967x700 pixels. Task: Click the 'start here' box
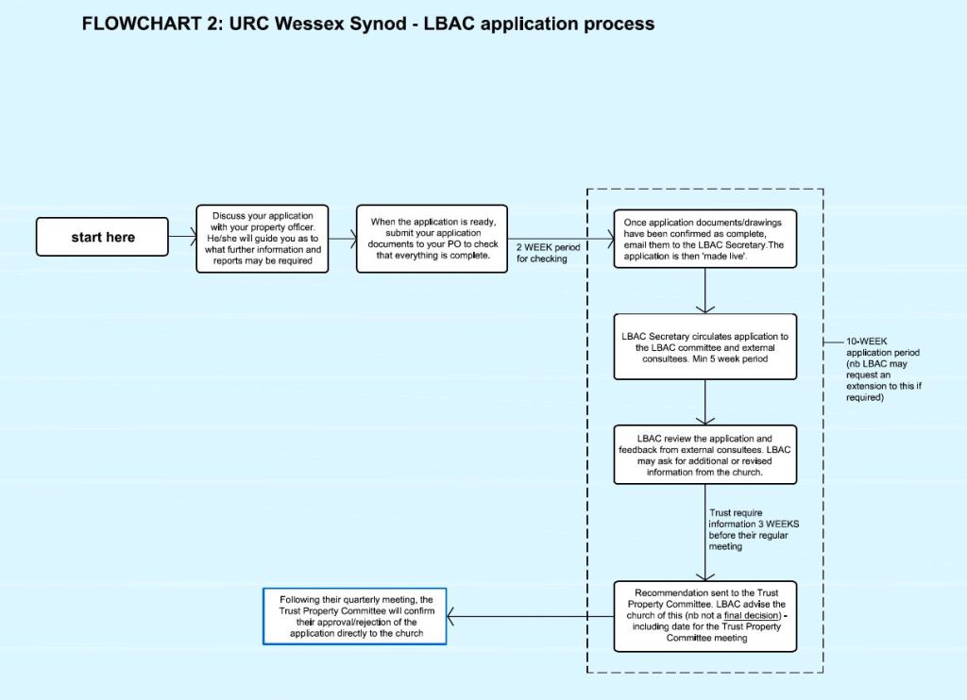pyautogui.click(x=102, y=237)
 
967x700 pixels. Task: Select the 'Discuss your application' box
pyautogui.click(x=263, y=239)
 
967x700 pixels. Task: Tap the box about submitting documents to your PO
pyautogui.click(x=432, y=239)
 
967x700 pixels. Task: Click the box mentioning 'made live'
pyautogui.click(x=704, y=239)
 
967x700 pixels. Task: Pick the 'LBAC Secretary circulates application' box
pyautogui.click(x=704, y=347)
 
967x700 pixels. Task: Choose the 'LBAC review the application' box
pyautogui.click(x=704, y=455)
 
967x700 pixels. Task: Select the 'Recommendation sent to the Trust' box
pyautogui.click(x=704, y=616)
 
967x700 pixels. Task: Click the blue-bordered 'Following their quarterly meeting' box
pyautogui.click(x=355, y=616)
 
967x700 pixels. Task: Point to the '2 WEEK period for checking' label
pyautogui.click(x=549, y=253)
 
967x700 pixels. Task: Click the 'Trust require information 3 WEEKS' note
pyautogui.click(x=754, y=529)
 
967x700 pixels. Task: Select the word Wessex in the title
pyautogui.click(x=310, y=24)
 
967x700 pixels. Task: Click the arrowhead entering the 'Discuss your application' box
pyautogui.click(x=193, y=237)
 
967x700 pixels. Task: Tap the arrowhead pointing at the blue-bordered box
pyautogui.click(x=450, y=616)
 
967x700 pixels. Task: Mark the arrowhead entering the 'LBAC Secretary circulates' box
pyautogui.click(x=704, y=309)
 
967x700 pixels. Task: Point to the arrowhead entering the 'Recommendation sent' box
pyautogui.click(x=704, y=576)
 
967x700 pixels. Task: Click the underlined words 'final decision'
pyautogui.click(x=752, y=616)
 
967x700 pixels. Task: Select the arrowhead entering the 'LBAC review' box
pyautogui.click(x=704, y=421)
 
